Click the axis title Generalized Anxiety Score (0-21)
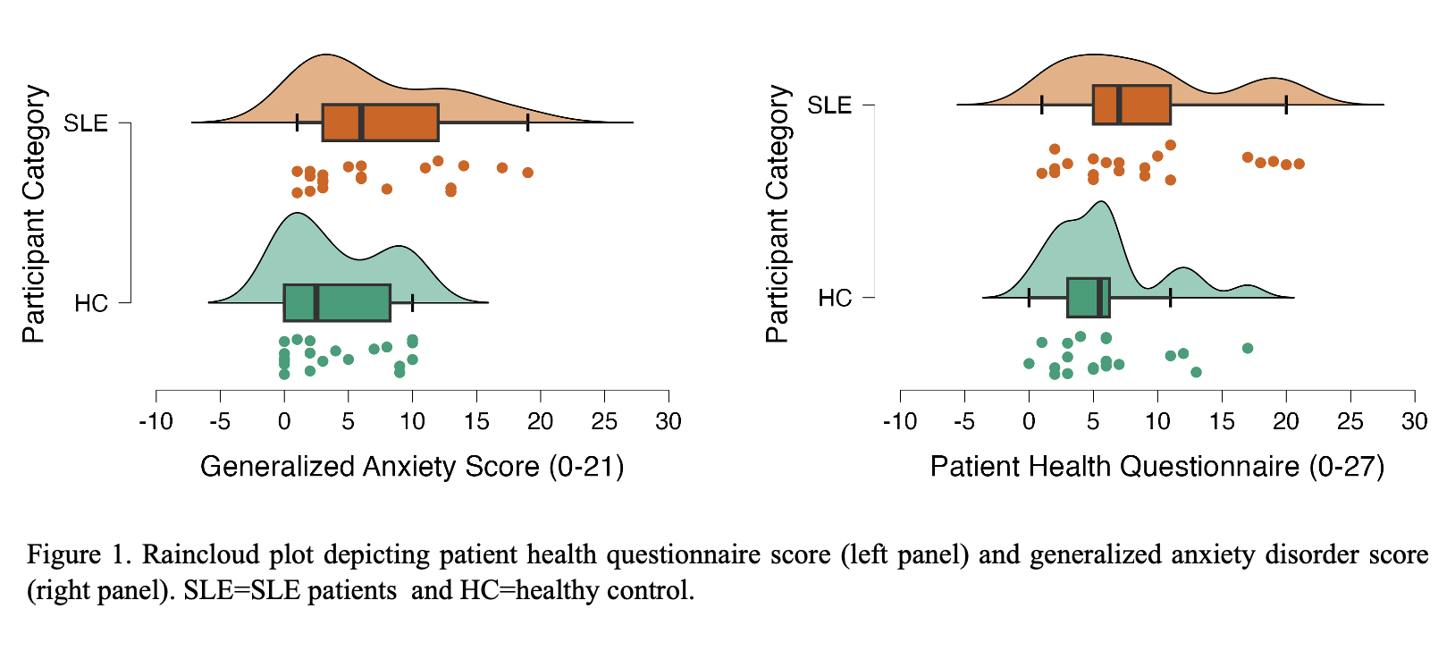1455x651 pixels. (x=412, y=467)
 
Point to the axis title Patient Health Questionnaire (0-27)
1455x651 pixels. (x=1156, y=467)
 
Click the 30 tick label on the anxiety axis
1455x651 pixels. (x=668, y=422)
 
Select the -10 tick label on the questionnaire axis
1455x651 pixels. (x=899, y=422)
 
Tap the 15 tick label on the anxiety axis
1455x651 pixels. (x=476, y=422)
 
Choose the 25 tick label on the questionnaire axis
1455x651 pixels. (x=1350, y=422)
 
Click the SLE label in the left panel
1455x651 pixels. (x=86, y=123)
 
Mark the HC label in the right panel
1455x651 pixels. (x=835, y=299)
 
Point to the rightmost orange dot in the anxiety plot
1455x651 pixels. (x=528, y=173)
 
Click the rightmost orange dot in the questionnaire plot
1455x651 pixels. (x=1299, y=164)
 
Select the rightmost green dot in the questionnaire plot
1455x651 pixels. (x=1248, y=348)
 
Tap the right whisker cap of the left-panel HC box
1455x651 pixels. (x=412, y=303)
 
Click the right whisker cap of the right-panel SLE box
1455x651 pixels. (x=1286, y=105)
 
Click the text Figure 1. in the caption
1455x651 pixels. (x=79, y=554)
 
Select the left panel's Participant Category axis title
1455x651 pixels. (x=34, y=215)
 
